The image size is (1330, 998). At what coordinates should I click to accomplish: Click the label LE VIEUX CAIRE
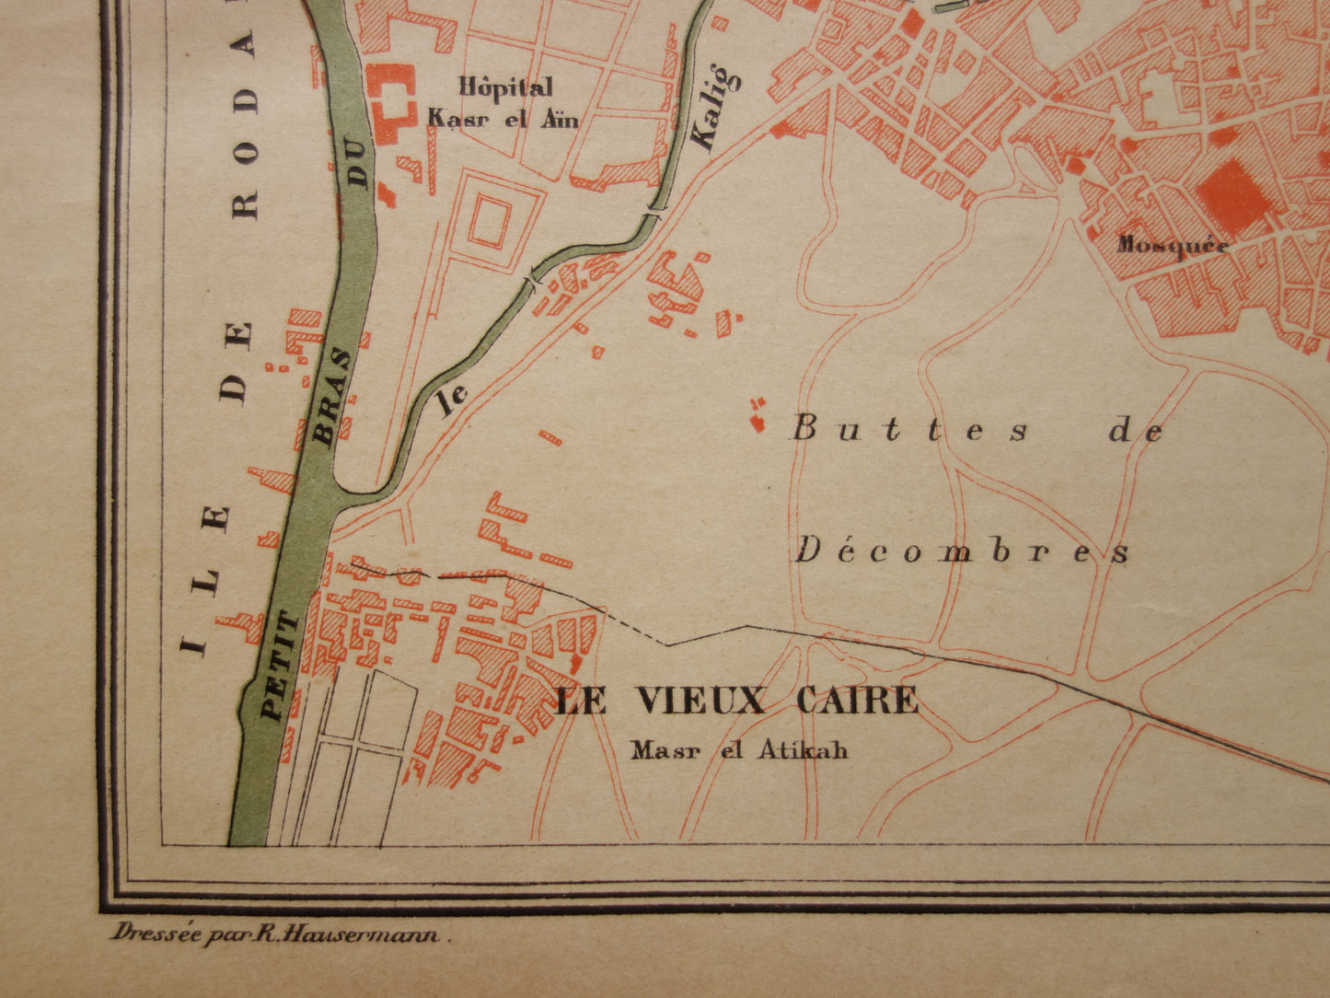736,702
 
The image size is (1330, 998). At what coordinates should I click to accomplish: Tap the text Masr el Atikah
739,750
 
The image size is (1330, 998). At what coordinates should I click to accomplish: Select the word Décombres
962,551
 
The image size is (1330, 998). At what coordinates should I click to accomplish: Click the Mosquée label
1173,245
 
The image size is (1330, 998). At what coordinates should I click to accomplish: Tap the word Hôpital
506,87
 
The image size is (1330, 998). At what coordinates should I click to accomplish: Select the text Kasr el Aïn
503,118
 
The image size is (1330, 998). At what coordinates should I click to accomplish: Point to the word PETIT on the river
280,665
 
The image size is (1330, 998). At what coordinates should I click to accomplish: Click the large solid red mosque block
1233,195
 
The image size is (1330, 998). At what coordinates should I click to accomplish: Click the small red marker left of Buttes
758,417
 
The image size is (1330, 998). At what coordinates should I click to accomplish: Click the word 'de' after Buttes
1137,430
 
